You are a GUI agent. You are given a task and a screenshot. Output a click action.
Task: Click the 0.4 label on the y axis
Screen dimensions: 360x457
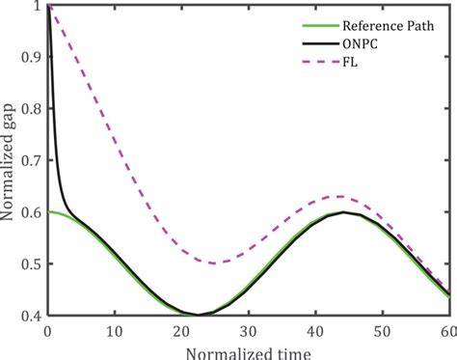31,315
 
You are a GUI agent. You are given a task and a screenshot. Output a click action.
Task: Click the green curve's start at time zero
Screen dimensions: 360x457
48,212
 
